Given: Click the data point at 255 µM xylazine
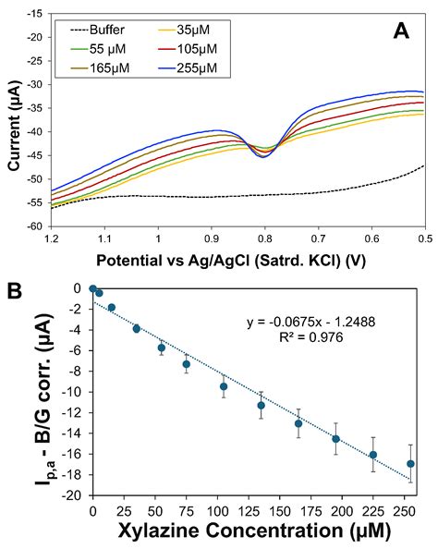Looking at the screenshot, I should click(410, 463).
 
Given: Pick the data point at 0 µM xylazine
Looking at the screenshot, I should click(92, 288).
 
